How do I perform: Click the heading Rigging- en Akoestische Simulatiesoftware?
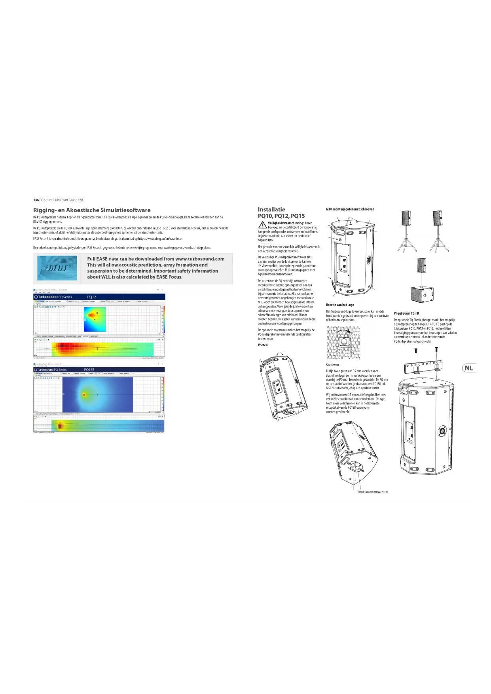[x=92, y=210]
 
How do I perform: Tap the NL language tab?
[x=469, y=368]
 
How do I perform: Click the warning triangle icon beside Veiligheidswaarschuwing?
[x=262, y=225]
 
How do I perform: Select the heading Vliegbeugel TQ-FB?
[x=406, y=313]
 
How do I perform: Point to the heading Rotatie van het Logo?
[x=340, y=305]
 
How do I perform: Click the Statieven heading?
[x=332, y=365]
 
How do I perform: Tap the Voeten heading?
[x=263, y=345]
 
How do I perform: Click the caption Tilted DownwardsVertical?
[x=372, y=492]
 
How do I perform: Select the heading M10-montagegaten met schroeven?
[x=350, y=209]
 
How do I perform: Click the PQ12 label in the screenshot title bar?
[x=91, y=297]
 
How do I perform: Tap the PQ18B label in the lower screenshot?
[x=89, y=370]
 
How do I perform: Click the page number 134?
[x=36, y=200]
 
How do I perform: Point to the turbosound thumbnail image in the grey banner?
[x=57, y=268]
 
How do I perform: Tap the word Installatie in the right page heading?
[x=271, y=209]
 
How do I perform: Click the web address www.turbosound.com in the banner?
[x=200, y=259]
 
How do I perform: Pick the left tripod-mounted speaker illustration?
[x=407, y=231]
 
